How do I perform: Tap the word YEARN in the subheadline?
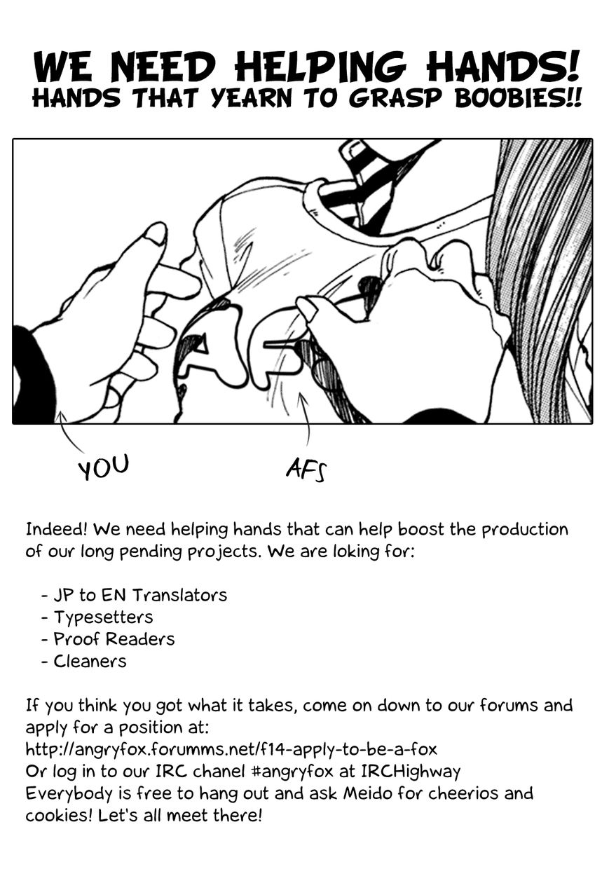point(252,99)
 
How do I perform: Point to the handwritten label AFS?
point(306,470)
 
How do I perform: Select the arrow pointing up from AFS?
point(306,419)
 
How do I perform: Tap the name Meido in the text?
point(369,793)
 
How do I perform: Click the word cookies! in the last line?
point(60,816)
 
